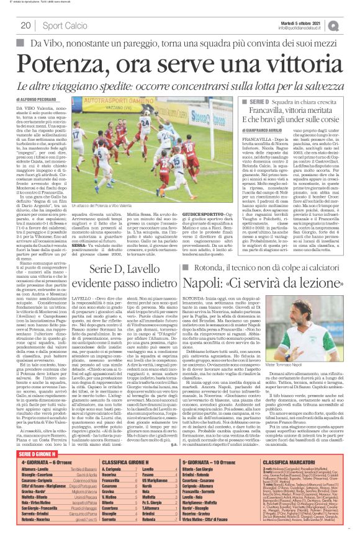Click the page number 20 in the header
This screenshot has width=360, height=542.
tap(26, 25)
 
